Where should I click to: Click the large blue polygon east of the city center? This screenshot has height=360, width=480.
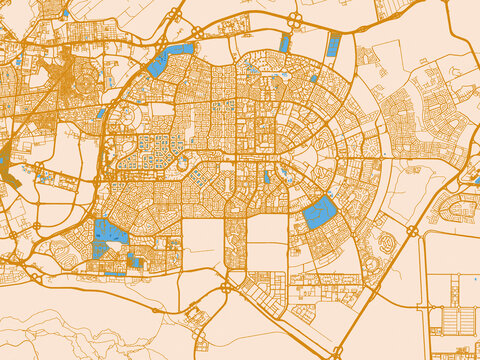click(320, 211)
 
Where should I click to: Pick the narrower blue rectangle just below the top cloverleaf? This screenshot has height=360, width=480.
click(285, 43)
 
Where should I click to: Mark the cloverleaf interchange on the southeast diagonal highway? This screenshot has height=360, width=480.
click(412, 231)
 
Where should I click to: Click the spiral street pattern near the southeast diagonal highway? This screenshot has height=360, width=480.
click(385, 241)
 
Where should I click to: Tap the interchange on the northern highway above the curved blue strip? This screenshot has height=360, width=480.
click(175, 15)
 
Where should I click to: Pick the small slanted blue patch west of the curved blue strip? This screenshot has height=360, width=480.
click(101, 113)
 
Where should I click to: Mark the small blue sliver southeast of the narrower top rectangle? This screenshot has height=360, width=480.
click(313, 78)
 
